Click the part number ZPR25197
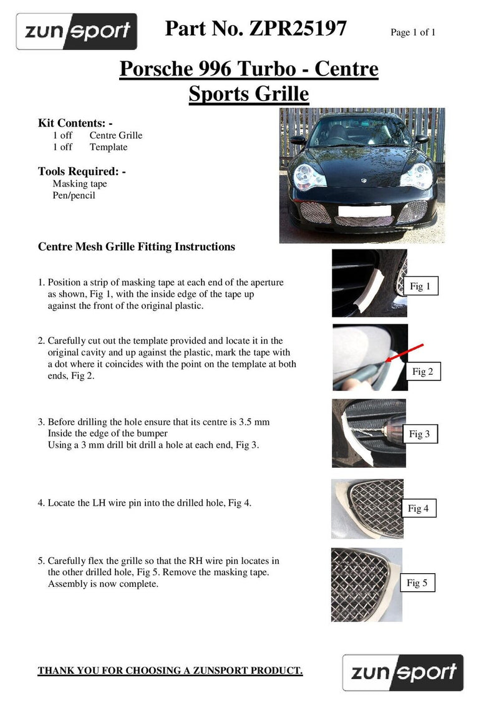[298, 29]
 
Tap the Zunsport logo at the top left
[76, 31]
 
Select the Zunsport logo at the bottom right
[403, 672]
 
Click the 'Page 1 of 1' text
[412, 32]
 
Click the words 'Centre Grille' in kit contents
[115, 135]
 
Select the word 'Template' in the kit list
[108, 147]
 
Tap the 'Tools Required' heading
[82, 171]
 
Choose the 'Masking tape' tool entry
[79, 184]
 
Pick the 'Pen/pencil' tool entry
[74, 196]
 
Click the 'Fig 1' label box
[420, 286]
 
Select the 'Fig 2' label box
[422, 372]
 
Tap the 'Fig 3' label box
[419, 434]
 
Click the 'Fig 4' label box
[418, 508]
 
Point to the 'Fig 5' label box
[417, 583]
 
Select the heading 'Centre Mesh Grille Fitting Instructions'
[137, 247]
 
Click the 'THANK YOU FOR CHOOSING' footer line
[170, 671]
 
